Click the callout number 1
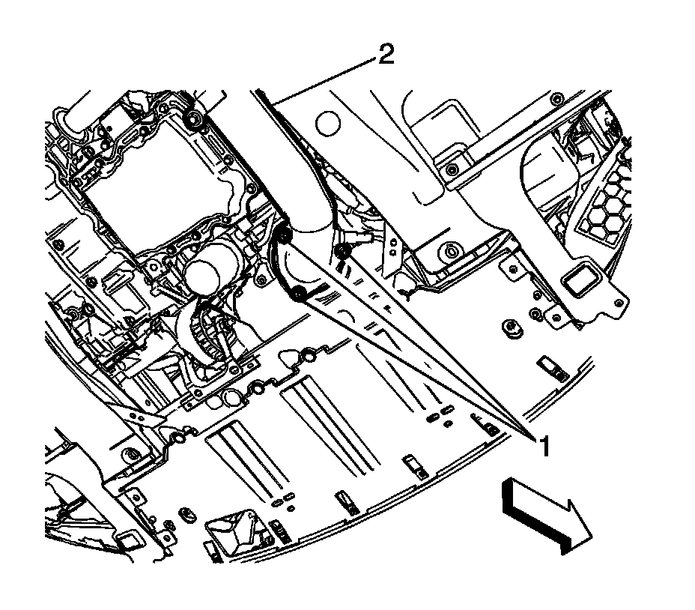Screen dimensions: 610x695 pos(545,447)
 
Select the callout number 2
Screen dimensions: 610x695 pos(386,56)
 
